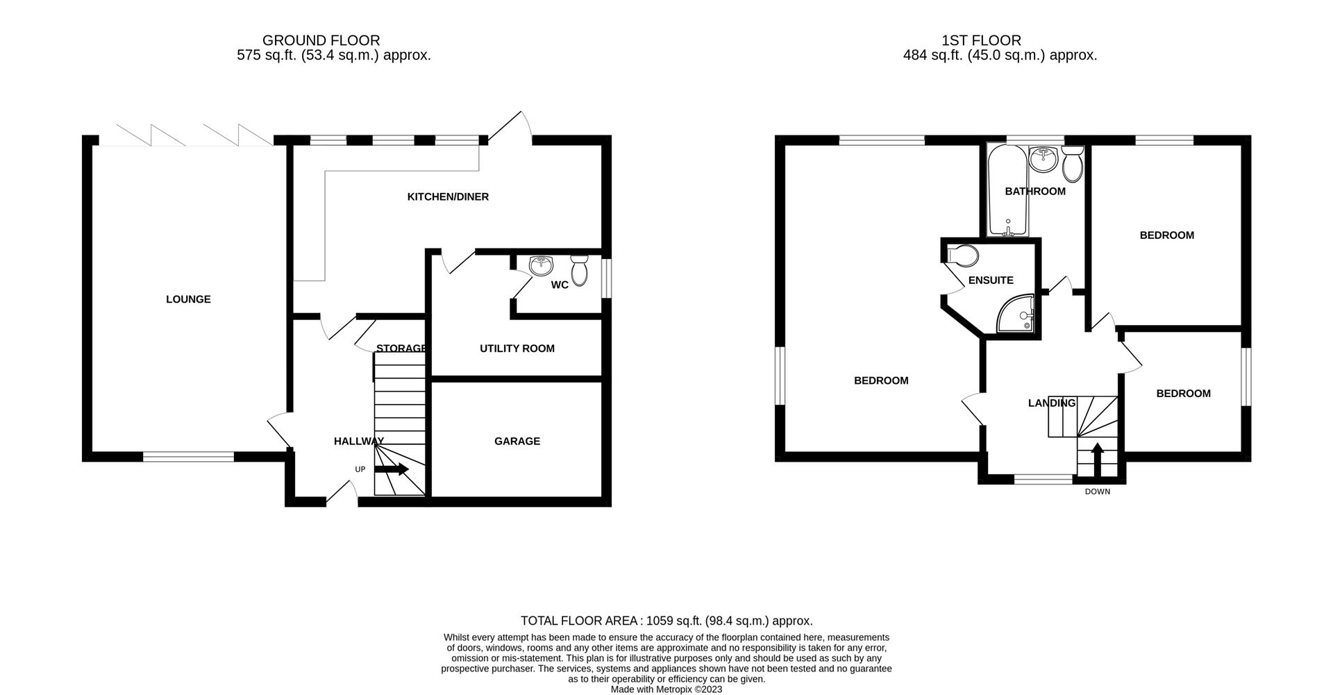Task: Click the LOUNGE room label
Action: click(x=188, y=299)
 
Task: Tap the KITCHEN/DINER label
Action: click(x=448, y=197)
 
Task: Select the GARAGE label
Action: click(x=517, y=442)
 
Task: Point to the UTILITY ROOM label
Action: click(x=517, y=349)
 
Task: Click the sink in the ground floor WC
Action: click(x=540, y=265)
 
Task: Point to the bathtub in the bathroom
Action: click(x=1007, y=191)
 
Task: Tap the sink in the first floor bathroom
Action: click(x=1042, y=159)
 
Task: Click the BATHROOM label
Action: click(x=1034, y=192)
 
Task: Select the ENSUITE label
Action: click(x=991, y=280)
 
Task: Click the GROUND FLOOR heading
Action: click(x=321, y=40)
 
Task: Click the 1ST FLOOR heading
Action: click(x=981, y=40)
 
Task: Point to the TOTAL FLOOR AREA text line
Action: click(x=666, y=621)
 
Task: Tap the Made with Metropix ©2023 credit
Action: click(x=666, y=689)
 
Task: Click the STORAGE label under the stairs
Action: click(x=401, y=349)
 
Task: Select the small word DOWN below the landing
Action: click(x=1097, y=492)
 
